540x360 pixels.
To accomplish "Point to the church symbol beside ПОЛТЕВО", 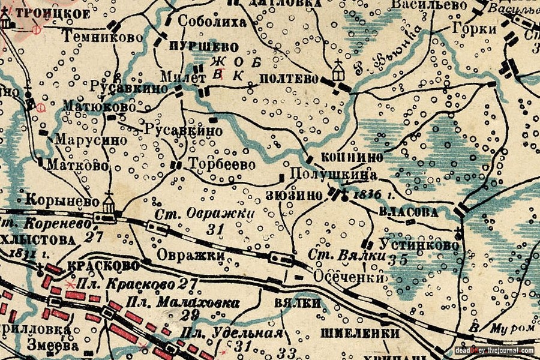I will (x=338, y=70).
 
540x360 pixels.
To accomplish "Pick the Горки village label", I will (x=475, y=29).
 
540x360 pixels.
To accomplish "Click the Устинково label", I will (x=419, y=245).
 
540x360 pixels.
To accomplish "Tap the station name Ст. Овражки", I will (x=204, y=214).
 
